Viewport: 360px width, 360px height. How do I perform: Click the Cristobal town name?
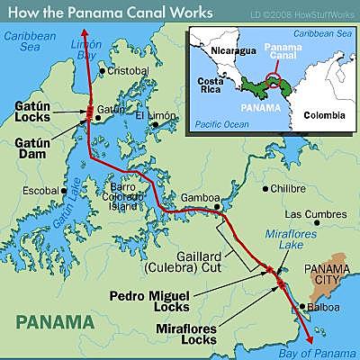tap(129, 70)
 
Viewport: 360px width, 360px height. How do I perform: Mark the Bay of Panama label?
tap(314, 348)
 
